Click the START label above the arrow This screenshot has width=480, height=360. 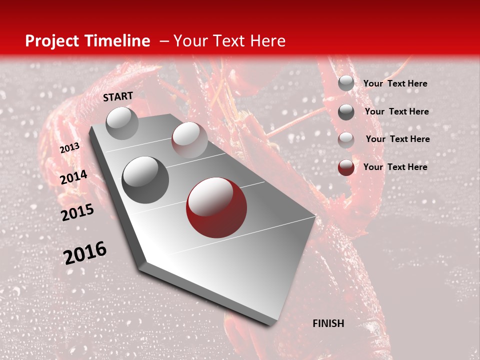click(x=118, y=96)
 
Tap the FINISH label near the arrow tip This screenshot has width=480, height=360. click(x=328, y=323)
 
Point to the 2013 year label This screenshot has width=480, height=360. click(x=69, y=148)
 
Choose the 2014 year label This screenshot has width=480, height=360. click(x=73, y=177)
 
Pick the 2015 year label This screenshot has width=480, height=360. click(x=77, y=212)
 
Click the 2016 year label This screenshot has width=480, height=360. click(x=85, y=253)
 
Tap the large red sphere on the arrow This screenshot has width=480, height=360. click(x=216, y=207)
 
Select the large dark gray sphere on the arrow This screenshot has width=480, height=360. click(x=145, y=180)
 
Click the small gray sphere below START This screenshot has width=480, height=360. click(x=122, y=123)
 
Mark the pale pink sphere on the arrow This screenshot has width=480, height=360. click(x=189, y=140)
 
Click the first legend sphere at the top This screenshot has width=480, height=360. click(x=346, y=83)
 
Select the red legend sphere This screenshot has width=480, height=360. click(x=346, y=167)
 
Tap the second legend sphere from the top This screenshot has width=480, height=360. click(x=346, y=112)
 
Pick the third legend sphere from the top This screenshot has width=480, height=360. click(x=346, y=140)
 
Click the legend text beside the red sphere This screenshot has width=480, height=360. click(x=395, y=167)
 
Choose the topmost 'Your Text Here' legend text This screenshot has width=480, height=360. click(x=395, y=83)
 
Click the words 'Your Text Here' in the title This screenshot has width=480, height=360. click(x=229, y=41)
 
